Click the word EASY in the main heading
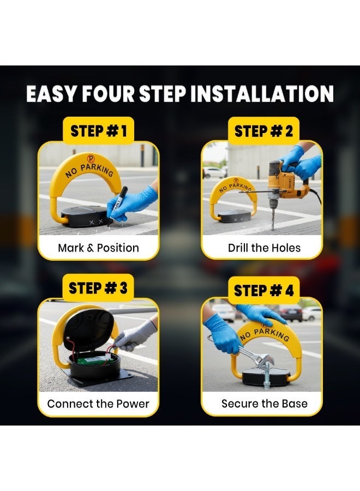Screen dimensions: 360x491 (x=51, y=94)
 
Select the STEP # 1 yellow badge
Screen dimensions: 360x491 (x=98, y=131)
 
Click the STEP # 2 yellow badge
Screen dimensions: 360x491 (x=263, y=131)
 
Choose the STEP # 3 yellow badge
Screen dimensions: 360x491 (x=98, y=288)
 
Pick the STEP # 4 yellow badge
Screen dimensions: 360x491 (x=263, y=290)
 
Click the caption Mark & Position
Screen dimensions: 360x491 (x=98, y=248)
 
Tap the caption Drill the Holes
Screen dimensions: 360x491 (x=264, y=248)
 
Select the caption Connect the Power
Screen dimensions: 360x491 (x=98, y=404)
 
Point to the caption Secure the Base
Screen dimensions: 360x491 (x=264, y=403)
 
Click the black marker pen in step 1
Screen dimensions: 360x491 (x=118, y=205)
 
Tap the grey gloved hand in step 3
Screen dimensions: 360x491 (x=134, y=337)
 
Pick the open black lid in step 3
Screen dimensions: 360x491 (x=89, y=328)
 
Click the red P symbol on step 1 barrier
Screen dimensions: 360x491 (x=91, y=159)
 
